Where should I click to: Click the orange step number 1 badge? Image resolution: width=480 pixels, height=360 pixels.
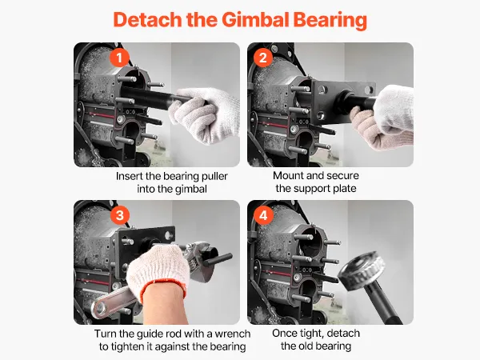point(119,58)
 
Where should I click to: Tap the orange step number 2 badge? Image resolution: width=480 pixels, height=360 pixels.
point(263,58)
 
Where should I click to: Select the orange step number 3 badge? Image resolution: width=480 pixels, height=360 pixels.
point(120,215)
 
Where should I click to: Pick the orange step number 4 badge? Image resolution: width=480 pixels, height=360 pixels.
point(263,215)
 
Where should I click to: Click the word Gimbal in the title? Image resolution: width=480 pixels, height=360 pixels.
point(255,19)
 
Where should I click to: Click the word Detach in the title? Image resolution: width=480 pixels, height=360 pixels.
point(147,19)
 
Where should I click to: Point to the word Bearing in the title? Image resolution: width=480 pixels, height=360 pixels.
point(330,20)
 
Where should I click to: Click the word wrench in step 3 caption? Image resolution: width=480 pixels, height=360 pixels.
point(232,334)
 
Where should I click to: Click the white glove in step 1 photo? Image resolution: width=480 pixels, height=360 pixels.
point(205,114)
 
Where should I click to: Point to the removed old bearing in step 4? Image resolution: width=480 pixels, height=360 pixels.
point(362,271)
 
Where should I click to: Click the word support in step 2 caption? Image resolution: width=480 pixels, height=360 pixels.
point(308,189)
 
